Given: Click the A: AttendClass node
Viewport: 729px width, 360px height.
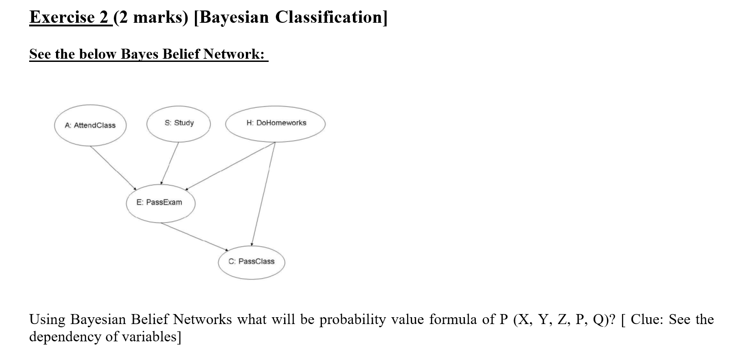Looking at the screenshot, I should click(90, 125).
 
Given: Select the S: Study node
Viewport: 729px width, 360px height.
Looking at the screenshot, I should click(178, 123).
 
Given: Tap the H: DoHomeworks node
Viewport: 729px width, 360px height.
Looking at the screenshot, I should click(275, 123).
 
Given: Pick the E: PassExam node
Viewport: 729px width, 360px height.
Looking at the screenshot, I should click(160, 203).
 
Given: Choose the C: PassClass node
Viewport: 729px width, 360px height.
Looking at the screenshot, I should click(251, 261).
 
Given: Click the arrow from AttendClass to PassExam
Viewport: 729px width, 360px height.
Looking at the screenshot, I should click(113, 167).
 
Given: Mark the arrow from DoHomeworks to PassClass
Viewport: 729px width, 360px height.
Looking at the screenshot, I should click(263, 193).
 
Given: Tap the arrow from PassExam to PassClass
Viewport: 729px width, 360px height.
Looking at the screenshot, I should click(194, 236).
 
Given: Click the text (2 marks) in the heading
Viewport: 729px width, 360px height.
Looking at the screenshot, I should click(151, 17).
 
